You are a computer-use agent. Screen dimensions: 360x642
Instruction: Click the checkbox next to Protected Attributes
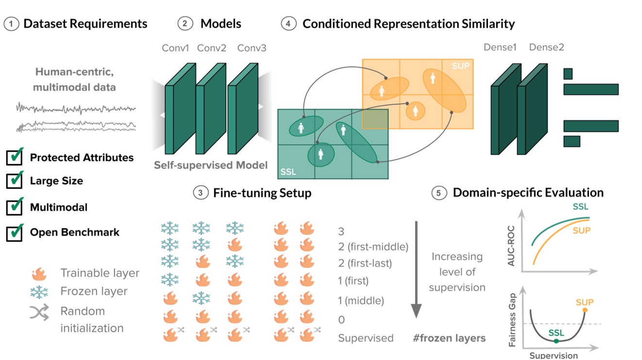coord(15,157)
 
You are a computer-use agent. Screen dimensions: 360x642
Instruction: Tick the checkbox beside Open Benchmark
coord(15,232)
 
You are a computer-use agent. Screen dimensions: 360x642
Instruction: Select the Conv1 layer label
coord(176,48)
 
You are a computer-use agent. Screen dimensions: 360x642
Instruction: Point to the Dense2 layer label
coord(546,47)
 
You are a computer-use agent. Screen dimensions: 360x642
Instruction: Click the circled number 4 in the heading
coord(288,23)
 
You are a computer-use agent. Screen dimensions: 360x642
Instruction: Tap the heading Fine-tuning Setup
coord(262,193)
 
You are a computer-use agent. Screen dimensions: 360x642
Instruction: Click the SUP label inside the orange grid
coord(460,66)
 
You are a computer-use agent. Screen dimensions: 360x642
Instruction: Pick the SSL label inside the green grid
coord(288,172)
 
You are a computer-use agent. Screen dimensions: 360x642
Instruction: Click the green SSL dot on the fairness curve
coord(556,342)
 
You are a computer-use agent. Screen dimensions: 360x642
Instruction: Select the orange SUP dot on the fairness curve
coord(585,310)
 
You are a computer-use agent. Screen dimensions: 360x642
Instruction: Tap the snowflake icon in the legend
coord(39,291)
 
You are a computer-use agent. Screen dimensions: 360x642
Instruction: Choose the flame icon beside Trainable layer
coord(39,274)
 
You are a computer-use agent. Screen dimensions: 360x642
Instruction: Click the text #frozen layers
coord(450,338)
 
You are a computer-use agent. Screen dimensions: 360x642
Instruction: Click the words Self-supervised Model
coord(211,165)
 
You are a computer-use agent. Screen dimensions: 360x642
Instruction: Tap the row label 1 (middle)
coord(361,301)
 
